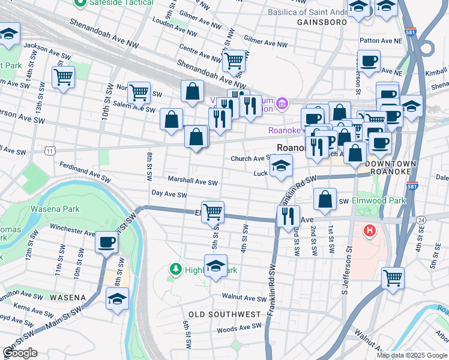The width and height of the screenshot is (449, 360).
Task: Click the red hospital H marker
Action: pyautogui.click(x=370, y=230)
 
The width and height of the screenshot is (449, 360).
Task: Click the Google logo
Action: pyautogui.click(x=20, y=353)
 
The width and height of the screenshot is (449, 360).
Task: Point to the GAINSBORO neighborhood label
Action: pyautogui.click(x=322, y=22)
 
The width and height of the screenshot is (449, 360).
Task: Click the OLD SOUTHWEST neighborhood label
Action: pyautogui.click(x=224, y=314)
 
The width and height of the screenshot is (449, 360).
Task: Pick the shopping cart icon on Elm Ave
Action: pyautogui.click(x=212, y=212)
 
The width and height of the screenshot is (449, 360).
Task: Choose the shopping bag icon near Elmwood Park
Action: pyautogui.click(x=325, y=200)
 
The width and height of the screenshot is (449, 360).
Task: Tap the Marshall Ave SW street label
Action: pyautogui.click(x=192, y=181)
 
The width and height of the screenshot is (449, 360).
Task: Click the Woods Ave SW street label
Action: pyautogui.click(x=239, y=328)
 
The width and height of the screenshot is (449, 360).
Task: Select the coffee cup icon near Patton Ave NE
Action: pyautogui.click(x=369, y=61)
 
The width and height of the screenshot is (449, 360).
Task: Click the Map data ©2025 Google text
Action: pyautogui.click(x=412, y=355)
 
